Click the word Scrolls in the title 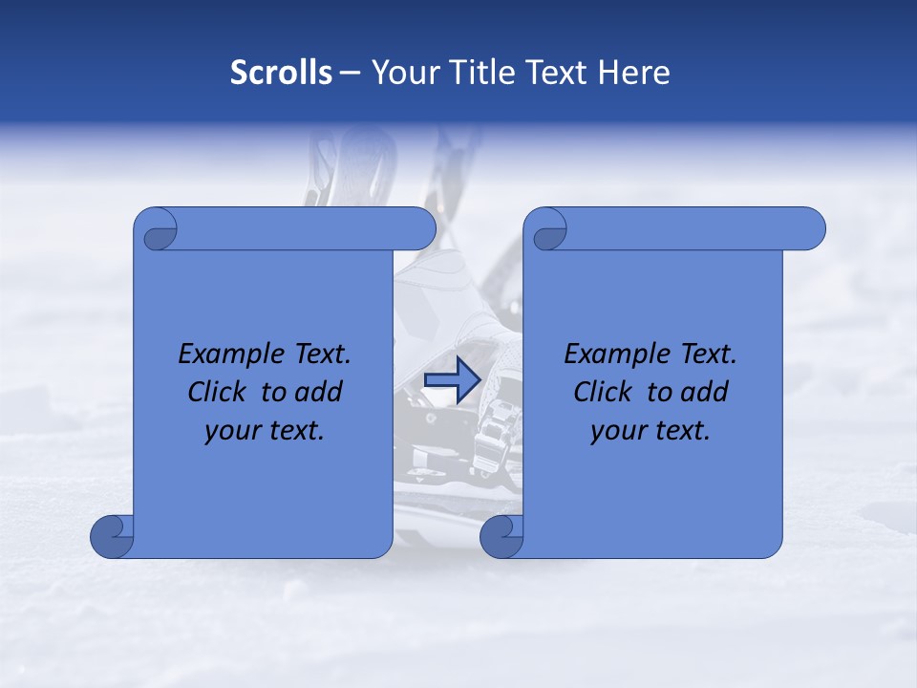(x=281, y=73)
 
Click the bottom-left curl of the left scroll (x=111, y=536)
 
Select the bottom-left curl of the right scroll (x=501, y=536)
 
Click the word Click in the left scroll (x=219, y=392)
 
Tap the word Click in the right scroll (x=605, y=392)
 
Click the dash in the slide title (x=350, y=73)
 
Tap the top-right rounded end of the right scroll (x=807, y=228)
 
